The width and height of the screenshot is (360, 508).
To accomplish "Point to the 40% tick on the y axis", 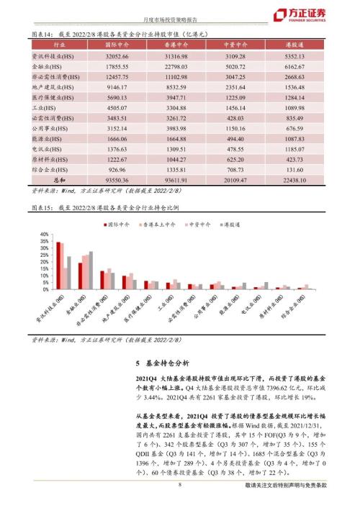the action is (45, 235).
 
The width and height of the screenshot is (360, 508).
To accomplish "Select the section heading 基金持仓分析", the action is (162, 363).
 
